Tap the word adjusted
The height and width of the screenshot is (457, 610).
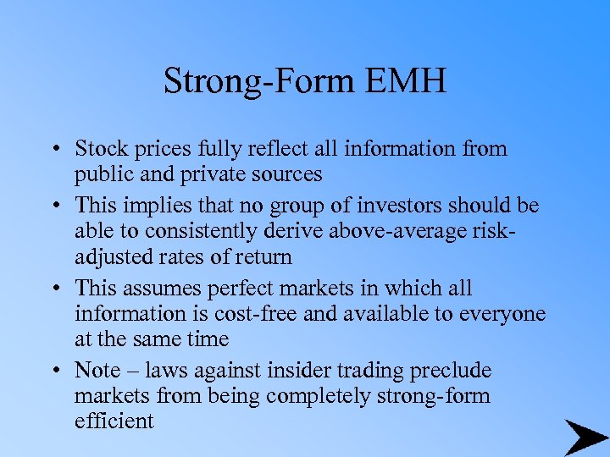pyautogui.click(x=110, y=256)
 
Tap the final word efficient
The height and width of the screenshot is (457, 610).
pyautogui.click(x=114, y=421)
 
